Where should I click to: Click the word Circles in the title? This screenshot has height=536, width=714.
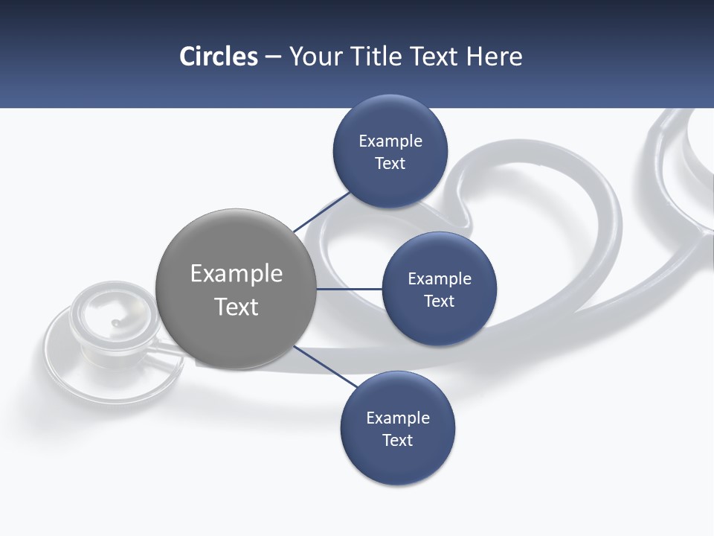tap(218, 57)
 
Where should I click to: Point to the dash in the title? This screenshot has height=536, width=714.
tap(272, 57)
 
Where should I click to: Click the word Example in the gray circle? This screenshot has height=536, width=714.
tap(237, 274)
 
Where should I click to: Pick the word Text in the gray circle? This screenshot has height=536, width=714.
tap(237, 307)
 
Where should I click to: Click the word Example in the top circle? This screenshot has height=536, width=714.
tap(390, 141)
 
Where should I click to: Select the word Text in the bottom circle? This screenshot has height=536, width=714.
tap(397, 440)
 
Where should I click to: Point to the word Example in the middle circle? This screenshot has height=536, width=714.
tap(440, 279)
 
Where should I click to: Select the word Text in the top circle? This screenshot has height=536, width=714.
tap(390, 164)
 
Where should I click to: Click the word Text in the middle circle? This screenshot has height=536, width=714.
tap(439, 301)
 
